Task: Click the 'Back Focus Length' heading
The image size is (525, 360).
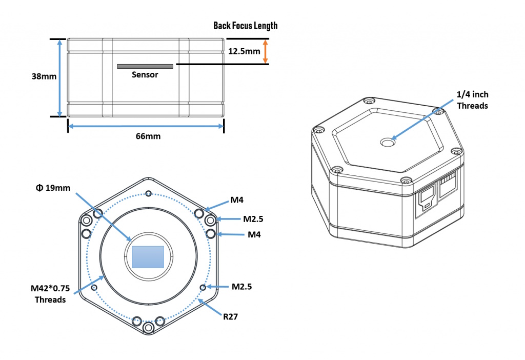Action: [245, 26]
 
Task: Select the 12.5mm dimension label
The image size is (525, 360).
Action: [245, 51]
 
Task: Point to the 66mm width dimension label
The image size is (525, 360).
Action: [148, 137]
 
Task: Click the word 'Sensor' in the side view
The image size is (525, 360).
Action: [145, 75]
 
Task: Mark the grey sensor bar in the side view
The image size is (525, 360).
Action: [145, 67]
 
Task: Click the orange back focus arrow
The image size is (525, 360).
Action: [265, 51]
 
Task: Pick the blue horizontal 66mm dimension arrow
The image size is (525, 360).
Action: [146, 126]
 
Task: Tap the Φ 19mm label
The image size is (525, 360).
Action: [53, 188]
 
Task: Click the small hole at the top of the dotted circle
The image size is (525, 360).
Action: [148, 193]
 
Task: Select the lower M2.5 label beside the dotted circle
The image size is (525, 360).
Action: [241, 287]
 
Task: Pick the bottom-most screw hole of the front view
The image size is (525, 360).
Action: [148, 328]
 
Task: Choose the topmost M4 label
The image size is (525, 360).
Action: [236, 200]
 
